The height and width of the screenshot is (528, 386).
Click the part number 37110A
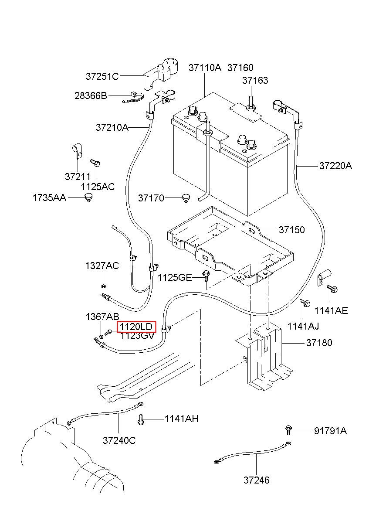(x=205, y=68)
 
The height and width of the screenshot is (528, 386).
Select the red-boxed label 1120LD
(x=136, y=327)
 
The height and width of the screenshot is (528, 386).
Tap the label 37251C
(x=102, y=76)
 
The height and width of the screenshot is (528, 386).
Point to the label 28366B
(x=91, y=95)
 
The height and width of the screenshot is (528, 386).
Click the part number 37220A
(x=335, y=166)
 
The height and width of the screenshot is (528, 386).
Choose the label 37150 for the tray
(x=292, y=230)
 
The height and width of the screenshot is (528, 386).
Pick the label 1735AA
(x=49, y=198)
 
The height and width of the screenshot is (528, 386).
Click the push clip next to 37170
(x=186, y=198)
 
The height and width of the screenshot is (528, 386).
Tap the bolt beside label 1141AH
(x=141, y=419)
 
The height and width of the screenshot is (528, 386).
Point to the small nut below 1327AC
(x=103, y=286)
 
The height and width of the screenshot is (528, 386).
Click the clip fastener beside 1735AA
(x=88, y=198)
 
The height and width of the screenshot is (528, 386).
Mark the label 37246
(x=257, y=480)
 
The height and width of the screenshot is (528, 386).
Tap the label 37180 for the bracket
(x=319, y=343)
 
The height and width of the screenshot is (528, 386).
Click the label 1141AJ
(x=303, y=327)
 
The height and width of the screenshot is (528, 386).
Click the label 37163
(x=255, y=80)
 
